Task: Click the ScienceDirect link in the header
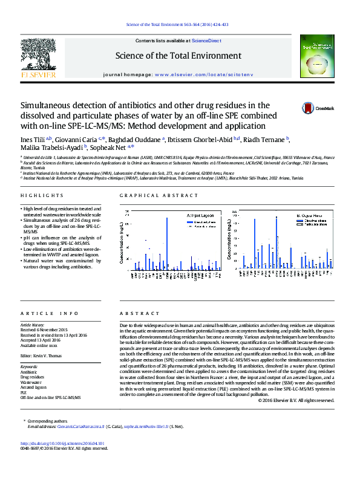(206, 41)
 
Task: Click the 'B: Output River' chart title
(309, 215)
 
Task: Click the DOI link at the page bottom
(62, 461)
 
